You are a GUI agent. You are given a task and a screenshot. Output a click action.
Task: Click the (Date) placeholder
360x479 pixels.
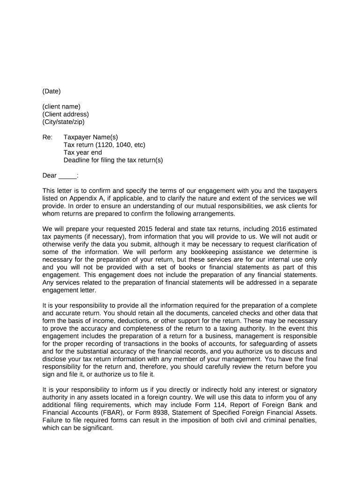[x=51, y=91]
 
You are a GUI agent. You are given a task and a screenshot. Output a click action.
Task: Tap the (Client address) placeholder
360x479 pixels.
[x=65, y=114]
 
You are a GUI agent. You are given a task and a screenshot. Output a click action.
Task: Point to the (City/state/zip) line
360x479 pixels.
[x=64, y=122]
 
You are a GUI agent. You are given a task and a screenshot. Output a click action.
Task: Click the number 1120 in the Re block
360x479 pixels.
[x=107, y=145]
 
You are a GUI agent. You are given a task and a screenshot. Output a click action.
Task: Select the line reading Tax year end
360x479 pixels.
[x=82, y=152]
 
